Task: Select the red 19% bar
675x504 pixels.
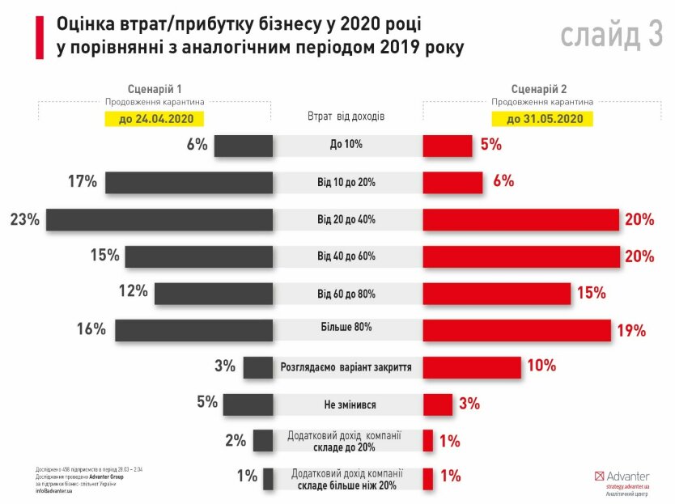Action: click(516, 330)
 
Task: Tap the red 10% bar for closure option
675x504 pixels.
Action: click(472, 366)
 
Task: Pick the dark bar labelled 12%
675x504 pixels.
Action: click(213, 293)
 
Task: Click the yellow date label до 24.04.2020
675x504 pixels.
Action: click(154, 119)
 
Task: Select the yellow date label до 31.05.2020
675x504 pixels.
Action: click(546, 119)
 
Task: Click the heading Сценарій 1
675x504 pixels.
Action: click(154, 89)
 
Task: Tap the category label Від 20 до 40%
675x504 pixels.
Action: click(346, 219)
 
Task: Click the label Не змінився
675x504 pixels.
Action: click(346, 404)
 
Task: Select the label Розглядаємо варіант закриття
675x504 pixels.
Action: click(346, 367)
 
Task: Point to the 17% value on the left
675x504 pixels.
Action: click(83, 182)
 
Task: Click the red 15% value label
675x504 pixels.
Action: click(591, 294)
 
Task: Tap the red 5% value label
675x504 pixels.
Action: click(490, 146)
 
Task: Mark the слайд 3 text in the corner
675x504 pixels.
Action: click(610, 36)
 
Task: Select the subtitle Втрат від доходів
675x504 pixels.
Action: click(346, 116)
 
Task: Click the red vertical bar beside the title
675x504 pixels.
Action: click(39, 36)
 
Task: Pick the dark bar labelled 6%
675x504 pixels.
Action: click(243, 146)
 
